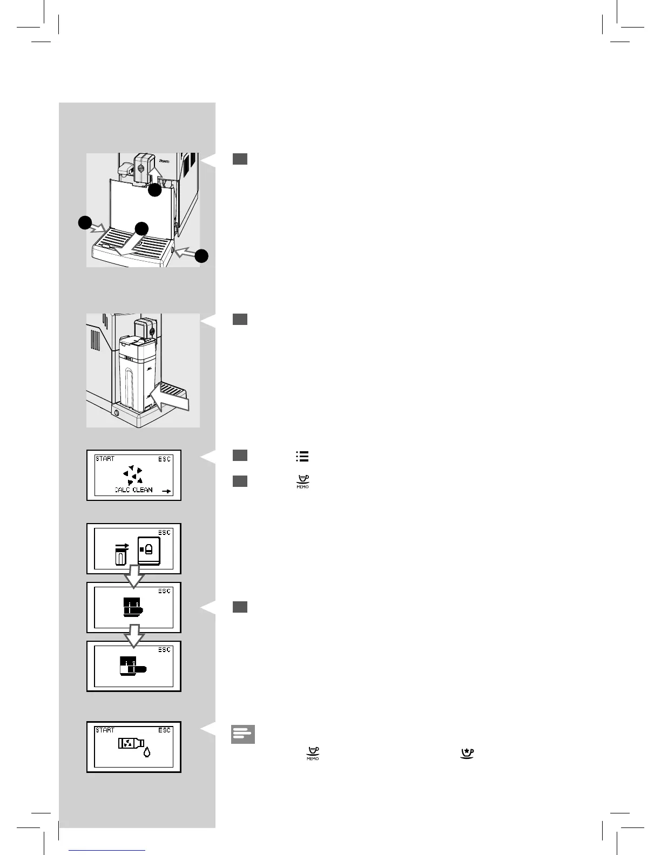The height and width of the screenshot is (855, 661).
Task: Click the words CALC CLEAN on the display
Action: [x=134, y=490]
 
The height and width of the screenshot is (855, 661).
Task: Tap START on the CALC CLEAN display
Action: [x=105, y=459]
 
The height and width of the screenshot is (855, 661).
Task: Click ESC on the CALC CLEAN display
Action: [x=164, y=459]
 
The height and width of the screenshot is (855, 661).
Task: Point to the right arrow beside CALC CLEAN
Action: [x=166, y=492]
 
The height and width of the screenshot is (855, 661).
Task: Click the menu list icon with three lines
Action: [x=302, y=457]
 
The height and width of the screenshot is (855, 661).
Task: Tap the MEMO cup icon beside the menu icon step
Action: [x=302, y=482]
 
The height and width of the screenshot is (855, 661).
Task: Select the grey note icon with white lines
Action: [x=242, y=734]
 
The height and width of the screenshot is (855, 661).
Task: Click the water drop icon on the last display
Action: [x=146, y=753]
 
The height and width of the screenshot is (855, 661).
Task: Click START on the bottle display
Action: [x=105, y=730]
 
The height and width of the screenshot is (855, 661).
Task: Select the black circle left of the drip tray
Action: [x=84, y=223]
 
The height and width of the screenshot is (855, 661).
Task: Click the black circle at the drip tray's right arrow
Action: [x=201, y=256]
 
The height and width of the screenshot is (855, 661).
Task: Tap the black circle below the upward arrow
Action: [x=155, y=190]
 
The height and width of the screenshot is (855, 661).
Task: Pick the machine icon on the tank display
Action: [x=149, y=551]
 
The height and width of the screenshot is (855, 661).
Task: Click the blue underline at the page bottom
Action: [x=107, y=850]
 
